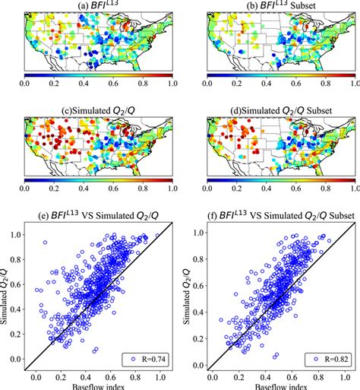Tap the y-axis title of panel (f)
pos(188,296)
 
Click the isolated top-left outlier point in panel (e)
pos(45,243)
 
